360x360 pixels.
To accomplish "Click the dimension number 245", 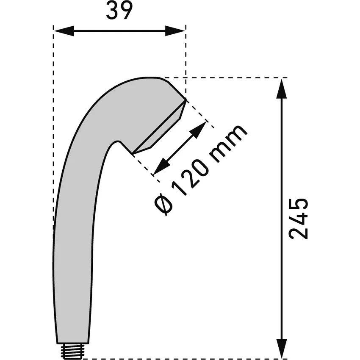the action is (x=298, y=219).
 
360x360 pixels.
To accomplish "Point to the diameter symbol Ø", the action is (x=163, y=204).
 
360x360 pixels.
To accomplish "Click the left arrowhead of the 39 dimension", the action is (x=64, y=31).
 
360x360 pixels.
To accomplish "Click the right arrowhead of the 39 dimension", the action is (x=175, y=31).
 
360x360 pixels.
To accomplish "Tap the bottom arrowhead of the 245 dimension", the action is (x=282, y=348).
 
